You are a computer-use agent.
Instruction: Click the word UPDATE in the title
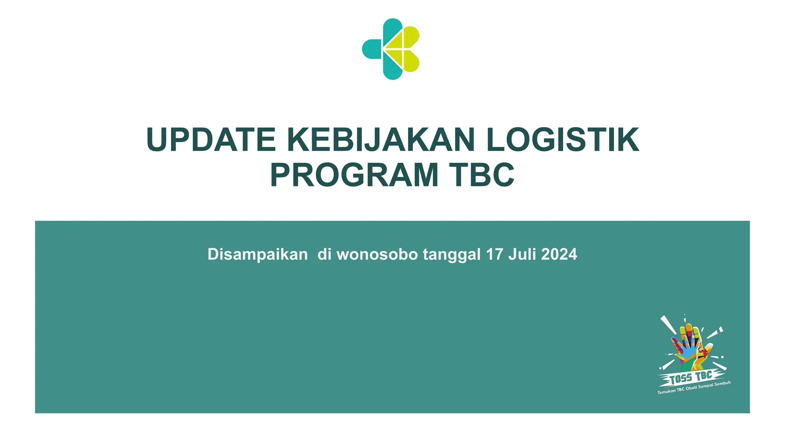(211, 140)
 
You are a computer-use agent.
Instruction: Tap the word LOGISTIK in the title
(563, 140)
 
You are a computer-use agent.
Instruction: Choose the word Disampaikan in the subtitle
(258, 255)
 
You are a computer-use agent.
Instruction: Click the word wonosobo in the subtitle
(377, 255)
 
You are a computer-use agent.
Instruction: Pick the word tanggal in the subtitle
(452, 255)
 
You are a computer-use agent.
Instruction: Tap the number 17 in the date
(494, 255)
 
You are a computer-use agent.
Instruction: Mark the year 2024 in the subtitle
(559, 255)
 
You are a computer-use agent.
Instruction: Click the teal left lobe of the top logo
(371, 49)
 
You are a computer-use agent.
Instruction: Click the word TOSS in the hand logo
(680, 379)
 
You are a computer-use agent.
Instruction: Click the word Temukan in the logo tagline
(666, 392)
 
